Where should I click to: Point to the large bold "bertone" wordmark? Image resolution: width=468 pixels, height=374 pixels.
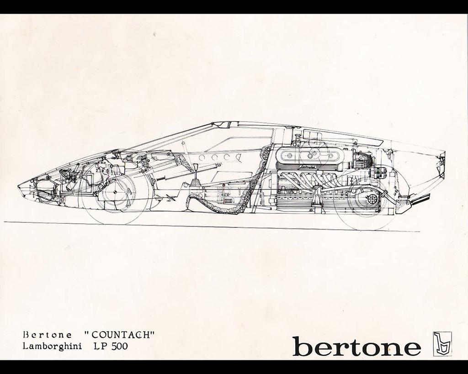[x=356, y=346]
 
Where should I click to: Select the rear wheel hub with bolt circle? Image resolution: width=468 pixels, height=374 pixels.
[x=372, y=198]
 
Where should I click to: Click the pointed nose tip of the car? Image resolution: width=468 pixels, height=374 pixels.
[x=19, y=185]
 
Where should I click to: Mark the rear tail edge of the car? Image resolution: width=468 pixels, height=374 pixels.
[x=444, y=155]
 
